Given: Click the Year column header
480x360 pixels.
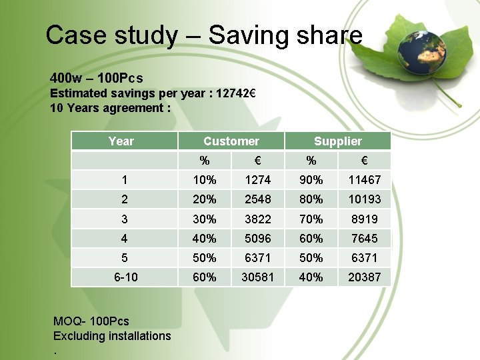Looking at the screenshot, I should (x=121, y=141).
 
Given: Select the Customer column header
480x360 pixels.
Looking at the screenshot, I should (x=231, y=141).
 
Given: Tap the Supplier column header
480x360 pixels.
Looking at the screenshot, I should (x=338, y=141).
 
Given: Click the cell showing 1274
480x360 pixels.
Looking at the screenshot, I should (x=257, y=180).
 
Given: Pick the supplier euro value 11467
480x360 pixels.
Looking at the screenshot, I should (x=364, y=180).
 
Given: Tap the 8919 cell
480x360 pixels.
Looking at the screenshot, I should (x=364, y=219).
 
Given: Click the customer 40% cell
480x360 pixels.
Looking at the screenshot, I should (x=205, y=239).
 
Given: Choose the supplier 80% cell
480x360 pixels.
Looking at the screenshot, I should (x=311, y=199).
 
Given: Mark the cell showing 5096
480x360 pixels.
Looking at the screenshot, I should (x=257, y=239).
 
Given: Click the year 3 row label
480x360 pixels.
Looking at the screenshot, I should (x=125, y=219).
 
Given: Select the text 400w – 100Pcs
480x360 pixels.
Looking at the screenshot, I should (x=97, y=78).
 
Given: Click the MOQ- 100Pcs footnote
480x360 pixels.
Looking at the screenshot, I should (x=91, y=321).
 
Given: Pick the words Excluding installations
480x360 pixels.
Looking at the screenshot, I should (x=112, y=336).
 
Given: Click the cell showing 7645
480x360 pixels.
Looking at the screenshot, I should (x=364, y=239).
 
